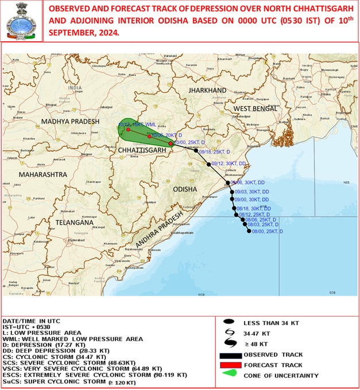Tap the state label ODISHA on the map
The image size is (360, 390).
[185, 189]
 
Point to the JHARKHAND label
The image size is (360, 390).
[208, 91]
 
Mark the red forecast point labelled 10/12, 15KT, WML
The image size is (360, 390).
[128, 130]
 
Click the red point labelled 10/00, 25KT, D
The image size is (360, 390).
[171, 143]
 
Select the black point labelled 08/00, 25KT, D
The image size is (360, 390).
[249, 231]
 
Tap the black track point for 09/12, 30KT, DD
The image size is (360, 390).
[209, 164]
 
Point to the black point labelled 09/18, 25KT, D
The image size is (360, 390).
[196, 151]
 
